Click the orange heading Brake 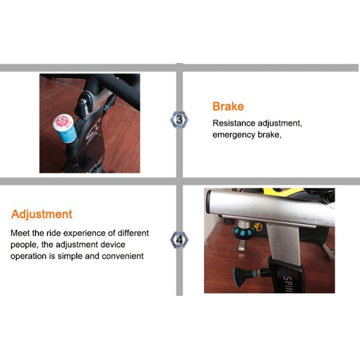click(x=228, y=107)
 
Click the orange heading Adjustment click(x=41, y=215)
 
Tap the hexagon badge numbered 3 click(x=179, y=119)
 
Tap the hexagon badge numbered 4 click(x=179, y=240)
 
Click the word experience click(x=84, y=233)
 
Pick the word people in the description click(x=23, y=245)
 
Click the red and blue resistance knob click(x=65, y=128)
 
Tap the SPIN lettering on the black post click(x=287, y=284)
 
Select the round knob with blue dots click(x=244, y=232)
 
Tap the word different click(x=133, y=233)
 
